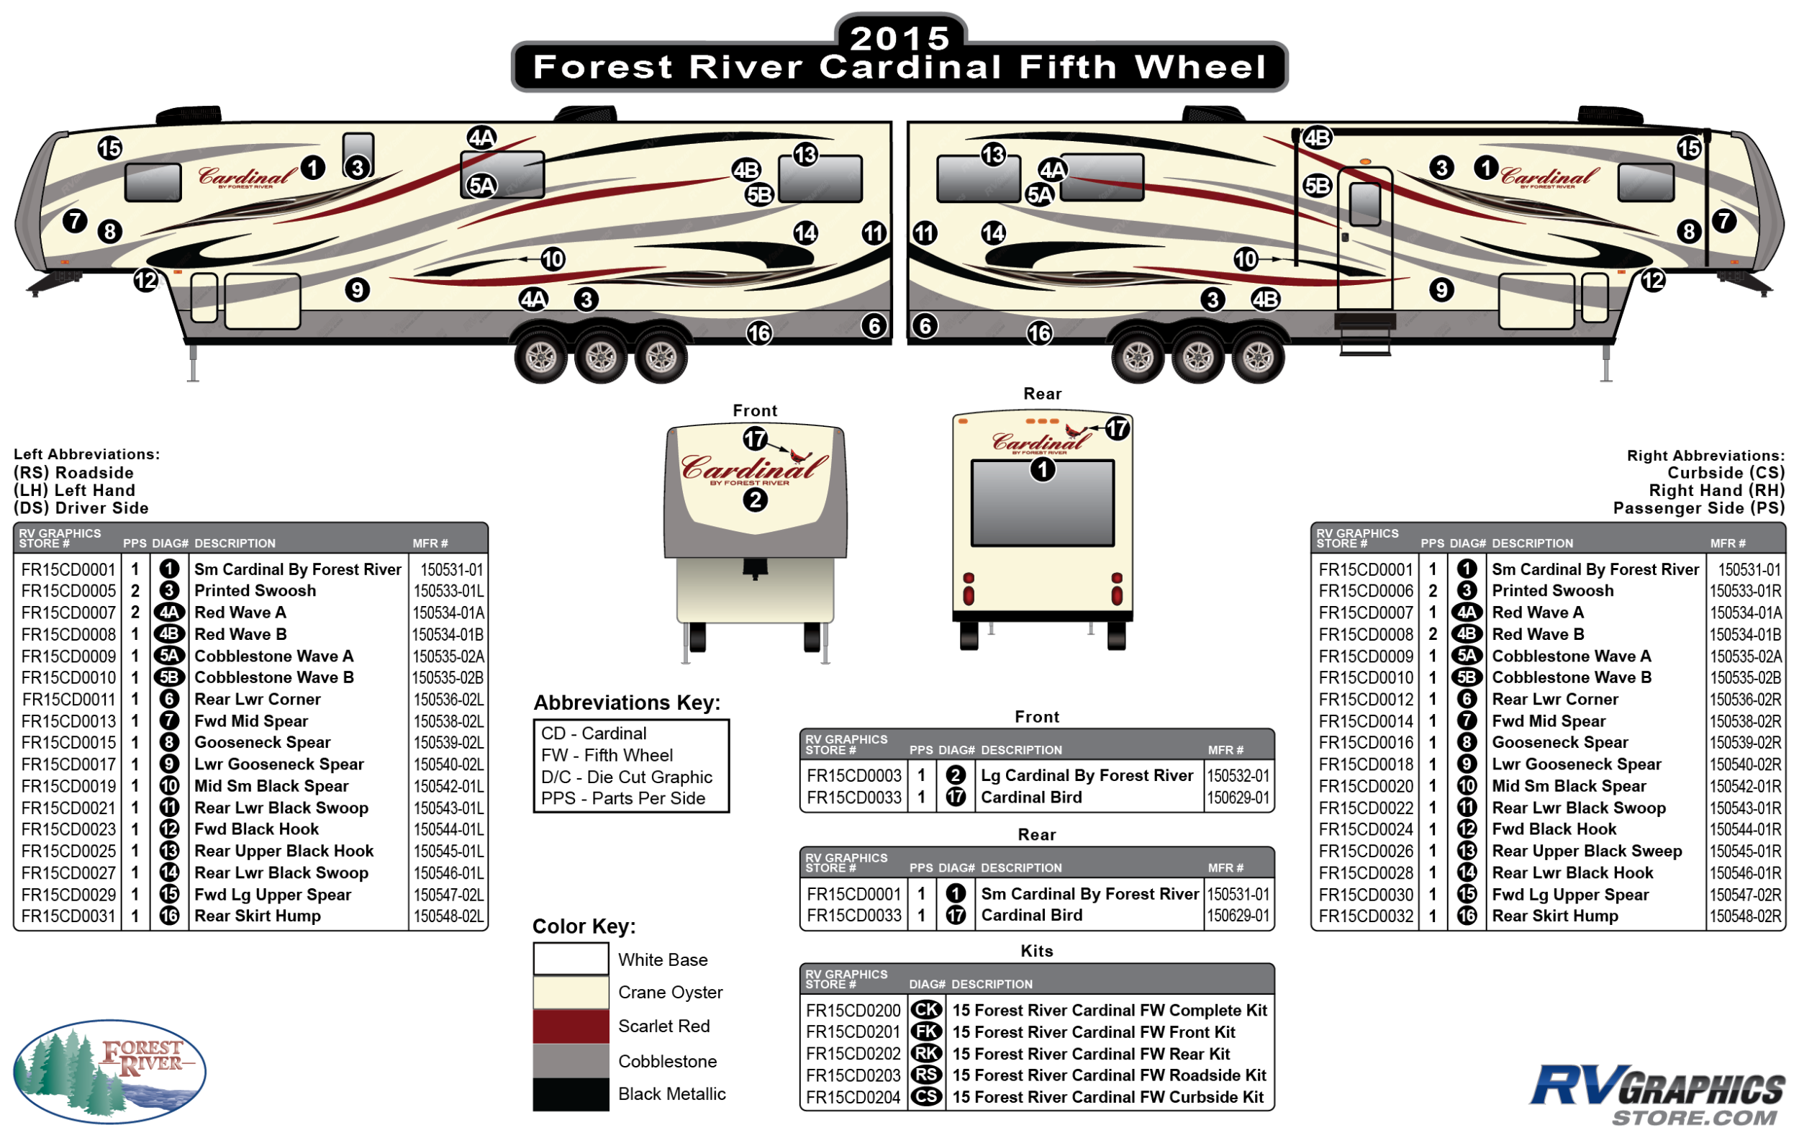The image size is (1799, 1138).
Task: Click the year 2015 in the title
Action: point(899,37)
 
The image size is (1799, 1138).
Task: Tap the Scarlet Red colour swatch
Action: point(571,1026)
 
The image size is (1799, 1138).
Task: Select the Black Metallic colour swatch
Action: point(571,1094)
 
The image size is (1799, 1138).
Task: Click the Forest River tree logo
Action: point(109,1071)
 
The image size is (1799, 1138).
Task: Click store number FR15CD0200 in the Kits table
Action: point(853,1010)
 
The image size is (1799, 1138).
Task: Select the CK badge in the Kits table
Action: point(926,1010)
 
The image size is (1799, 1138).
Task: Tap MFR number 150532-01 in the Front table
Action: point(1238,776)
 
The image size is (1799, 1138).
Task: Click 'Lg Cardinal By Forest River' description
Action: point(1087,776)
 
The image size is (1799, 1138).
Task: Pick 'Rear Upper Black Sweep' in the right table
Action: point(1586,851)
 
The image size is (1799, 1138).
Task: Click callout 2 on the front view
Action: point(756,499)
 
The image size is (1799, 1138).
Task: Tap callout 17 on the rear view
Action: point(1117,428)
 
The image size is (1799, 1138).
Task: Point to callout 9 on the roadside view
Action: point(357,289)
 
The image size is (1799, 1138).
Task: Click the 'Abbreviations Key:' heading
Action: point(626,703)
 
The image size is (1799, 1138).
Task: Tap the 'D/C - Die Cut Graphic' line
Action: point(626,777)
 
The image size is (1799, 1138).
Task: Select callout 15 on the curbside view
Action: point(1688,148)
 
